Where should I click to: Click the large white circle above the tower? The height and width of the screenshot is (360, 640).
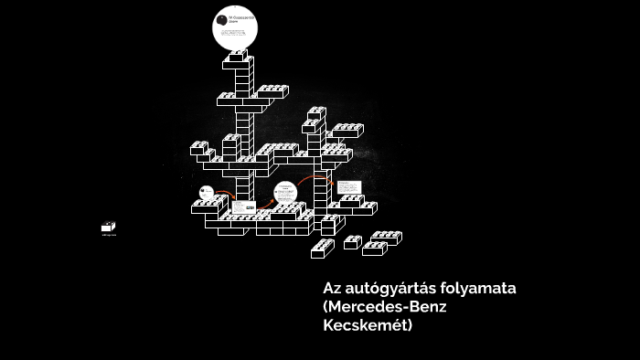236,27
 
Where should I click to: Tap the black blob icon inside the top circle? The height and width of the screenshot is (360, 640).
222,20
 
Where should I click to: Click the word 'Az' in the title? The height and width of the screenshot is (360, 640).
332,289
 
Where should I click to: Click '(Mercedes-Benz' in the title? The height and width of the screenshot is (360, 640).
384,307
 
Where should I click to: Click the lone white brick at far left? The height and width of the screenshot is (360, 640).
109,227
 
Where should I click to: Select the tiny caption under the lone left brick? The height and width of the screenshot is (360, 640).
109,236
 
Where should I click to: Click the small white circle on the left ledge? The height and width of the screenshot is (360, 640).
207,192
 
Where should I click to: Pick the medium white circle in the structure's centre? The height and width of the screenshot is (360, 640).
285,192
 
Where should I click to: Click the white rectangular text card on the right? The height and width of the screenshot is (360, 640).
348,187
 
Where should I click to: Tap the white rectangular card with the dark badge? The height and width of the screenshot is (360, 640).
244,206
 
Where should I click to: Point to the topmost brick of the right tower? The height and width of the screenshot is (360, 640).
316,113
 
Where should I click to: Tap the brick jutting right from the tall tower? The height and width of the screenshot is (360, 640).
272,91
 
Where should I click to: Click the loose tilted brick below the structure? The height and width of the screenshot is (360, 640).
322,247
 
